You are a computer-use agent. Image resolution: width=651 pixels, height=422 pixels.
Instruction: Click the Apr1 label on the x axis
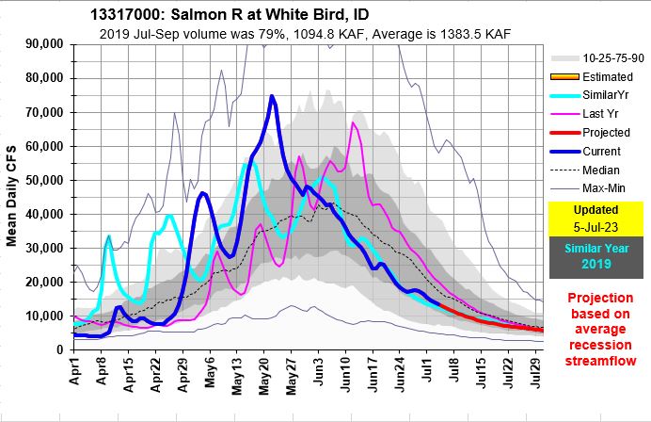[x=79, y=375]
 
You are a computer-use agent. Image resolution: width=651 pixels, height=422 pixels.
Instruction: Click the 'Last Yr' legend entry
[x=601, y=113]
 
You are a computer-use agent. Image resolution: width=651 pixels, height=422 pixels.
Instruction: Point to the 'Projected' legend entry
[x=606, y=131]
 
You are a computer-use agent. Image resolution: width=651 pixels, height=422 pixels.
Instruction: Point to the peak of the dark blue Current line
[x=272, y=96]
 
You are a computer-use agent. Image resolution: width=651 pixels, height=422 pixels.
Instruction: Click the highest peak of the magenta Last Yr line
[x=354, y=122]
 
